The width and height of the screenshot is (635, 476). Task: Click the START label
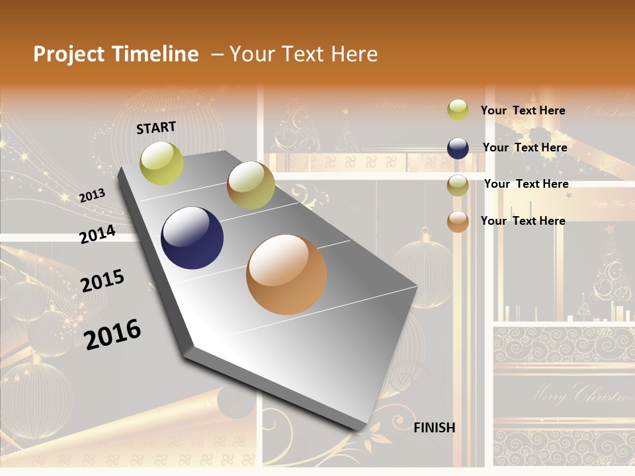[156, 128]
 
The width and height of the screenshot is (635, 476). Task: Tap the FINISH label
[435, 428]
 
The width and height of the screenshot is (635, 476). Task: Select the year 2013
[92, 196]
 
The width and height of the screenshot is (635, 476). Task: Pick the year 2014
[97, 234]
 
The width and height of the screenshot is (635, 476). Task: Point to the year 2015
[103, 281]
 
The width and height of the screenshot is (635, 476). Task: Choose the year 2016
[112, 334]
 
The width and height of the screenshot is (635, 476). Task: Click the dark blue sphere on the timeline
[192, 238]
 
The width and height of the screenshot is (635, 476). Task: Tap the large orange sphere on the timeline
[286, 274]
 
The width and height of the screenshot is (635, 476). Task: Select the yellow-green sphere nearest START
[162, 163]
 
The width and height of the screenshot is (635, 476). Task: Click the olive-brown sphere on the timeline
[251, 185]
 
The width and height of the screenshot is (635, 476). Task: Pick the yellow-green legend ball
[458, 110]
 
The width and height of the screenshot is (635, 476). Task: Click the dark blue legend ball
[458, 148]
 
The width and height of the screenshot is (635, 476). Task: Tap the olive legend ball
[458, 185]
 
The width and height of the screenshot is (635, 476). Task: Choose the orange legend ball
[458, 221]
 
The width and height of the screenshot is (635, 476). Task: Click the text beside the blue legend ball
[525, 147]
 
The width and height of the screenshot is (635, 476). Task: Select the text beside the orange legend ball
[523, 221]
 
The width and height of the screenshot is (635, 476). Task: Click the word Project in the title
[68, 54]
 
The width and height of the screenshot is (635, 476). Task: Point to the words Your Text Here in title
[304, 54]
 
